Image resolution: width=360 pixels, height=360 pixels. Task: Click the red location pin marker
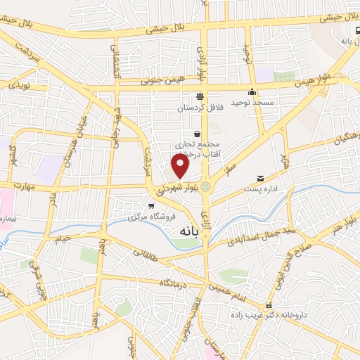[x=181, y=165]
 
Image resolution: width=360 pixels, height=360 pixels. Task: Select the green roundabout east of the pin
[x=206, y=186]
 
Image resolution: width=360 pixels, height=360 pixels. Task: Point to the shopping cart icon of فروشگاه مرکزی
[x=151, y=205]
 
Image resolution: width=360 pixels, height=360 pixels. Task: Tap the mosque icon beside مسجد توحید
[x=252, y=91]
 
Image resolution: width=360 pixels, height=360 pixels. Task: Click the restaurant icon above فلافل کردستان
[x=200, y=96]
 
